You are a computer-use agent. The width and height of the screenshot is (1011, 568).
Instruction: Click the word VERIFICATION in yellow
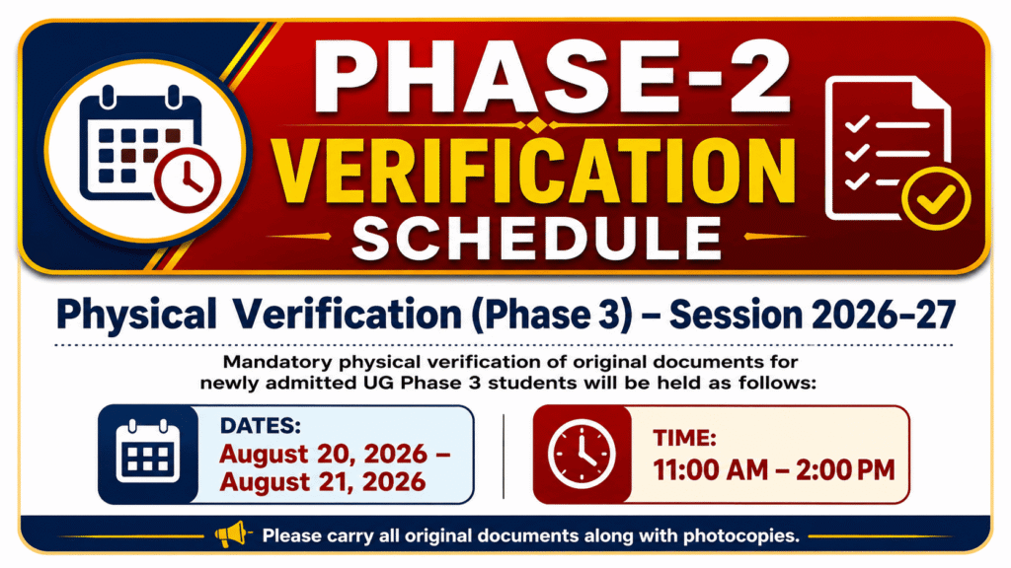(x=534, y=173)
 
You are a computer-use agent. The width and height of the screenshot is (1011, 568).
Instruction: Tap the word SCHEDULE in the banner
(x=536, y=239)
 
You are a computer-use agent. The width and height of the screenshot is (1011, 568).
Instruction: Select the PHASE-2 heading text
(x=552, y=77)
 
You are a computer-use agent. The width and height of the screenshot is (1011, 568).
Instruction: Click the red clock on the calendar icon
(x=188, y=180)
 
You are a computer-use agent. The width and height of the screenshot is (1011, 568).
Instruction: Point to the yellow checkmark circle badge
(x=936, y=198)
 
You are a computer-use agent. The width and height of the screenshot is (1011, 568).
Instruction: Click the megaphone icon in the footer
(x=232, y=534)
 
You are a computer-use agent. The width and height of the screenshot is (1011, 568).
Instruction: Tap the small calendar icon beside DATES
(x=148, y=452)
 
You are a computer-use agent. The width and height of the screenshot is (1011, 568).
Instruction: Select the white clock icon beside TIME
(x=582, y=454)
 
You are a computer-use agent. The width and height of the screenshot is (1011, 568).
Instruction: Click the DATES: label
(x=261, y=426)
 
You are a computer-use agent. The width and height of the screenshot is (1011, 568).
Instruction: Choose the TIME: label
(x=684, y=439)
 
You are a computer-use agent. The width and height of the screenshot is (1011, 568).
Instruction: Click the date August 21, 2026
(x=323, y=481)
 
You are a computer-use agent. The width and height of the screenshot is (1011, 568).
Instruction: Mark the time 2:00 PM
(x=845, y=470)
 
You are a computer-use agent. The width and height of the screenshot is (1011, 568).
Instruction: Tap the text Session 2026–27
(x=813, y=315)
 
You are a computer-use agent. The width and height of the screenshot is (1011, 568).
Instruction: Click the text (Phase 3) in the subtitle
(x=552, y=316)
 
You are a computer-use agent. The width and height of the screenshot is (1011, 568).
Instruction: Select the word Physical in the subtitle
(x=136, y=315)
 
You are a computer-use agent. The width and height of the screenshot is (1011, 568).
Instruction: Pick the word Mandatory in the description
(x=277, y=362)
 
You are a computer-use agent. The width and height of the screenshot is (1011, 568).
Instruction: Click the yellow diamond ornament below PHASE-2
(x=534, y=124)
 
